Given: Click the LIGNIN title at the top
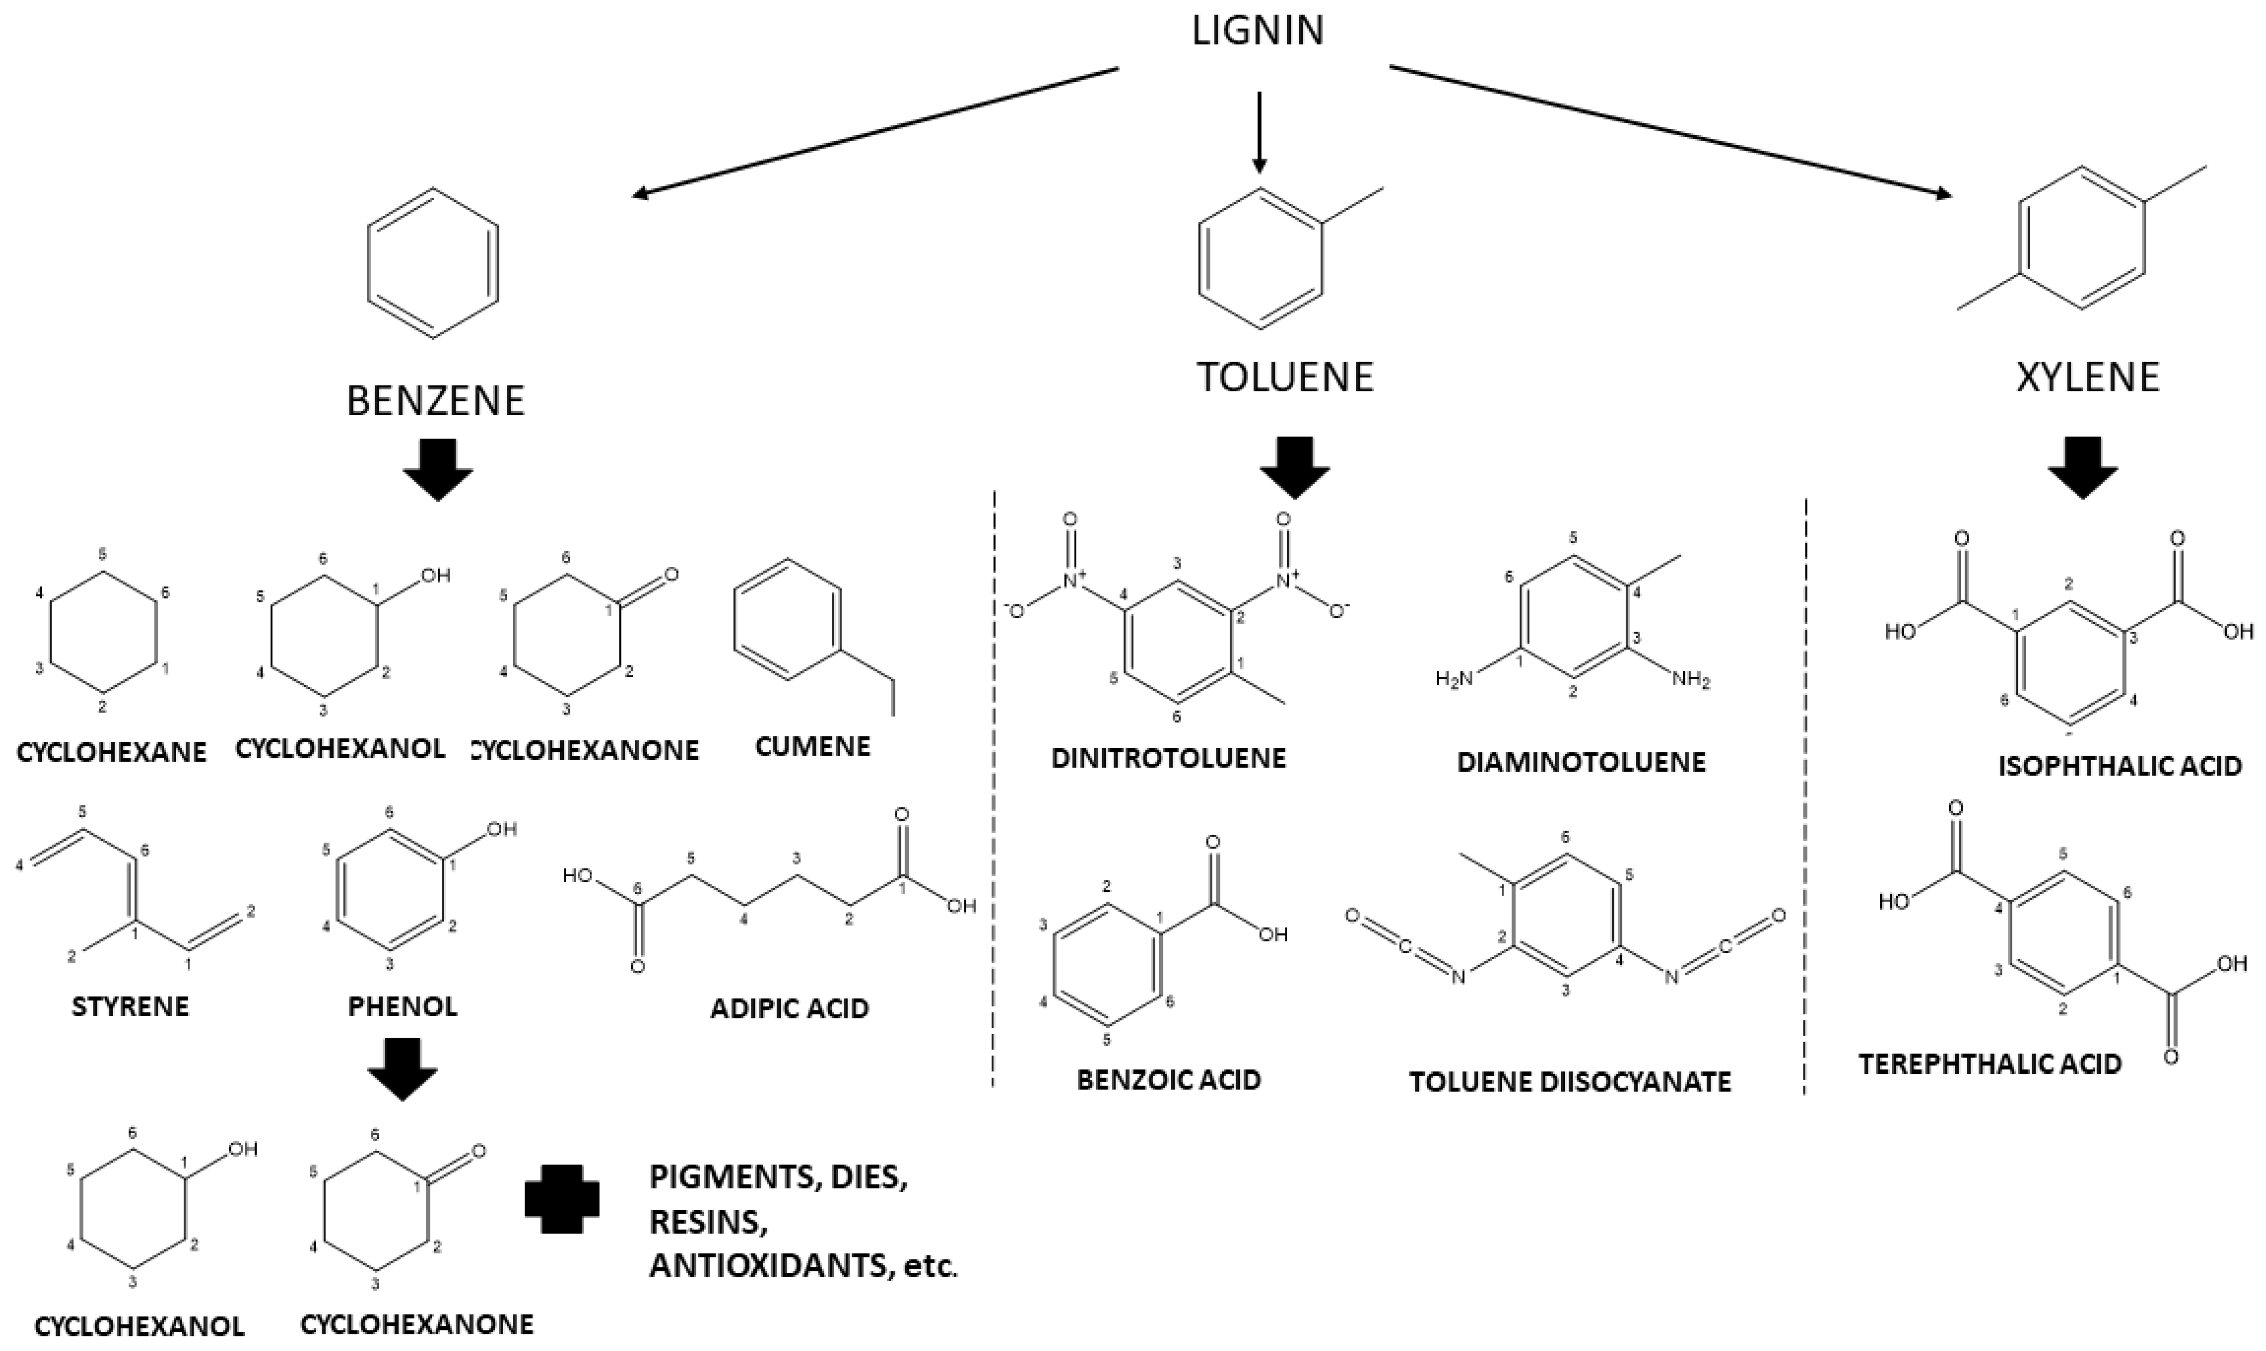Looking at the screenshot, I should click(x=1258, y=32).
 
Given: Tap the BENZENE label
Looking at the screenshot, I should click(x=436, y=400).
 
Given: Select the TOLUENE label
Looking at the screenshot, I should click(x=1284, y=377).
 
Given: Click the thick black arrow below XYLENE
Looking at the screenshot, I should click(x=2082, y=468).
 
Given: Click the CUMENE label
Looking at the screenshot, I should click(x=813, y=747).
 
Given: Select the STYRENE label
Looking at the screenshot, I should click(x=130, y=1007).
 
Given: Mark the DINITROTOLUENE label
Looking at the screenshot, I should click(x=1168, y=758).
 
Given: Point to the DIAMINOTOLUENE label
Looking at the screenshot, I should click(x=1581, y=762).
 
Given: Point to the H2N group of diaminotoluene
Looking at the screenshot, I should click(x=1453, y=678).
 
